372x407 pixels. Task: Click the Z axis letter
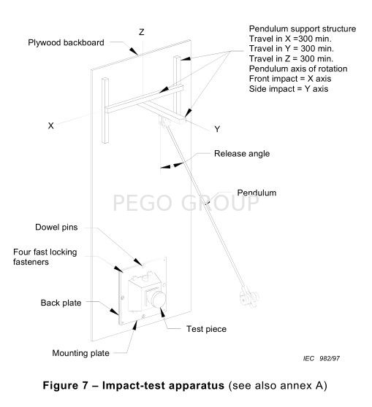142,32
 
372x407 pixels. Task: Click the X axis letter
50,125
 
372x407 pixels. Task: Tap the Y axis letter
217,129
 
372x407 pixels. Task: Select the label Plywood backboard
66,42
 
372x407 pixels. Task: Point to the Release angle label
242,153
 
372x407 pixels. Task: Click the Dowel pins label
56,227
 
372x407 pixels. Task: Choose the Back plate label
61,303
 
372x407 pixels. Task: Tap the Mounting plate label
80,353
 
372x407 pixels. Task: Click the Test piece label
206,329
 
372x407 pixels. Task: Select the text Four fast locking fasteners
45,257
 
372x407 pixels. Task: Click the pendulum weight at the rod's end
249,296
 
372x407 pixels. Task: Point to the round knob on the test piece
156,299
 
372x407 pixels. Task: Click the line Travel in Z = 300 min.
291,58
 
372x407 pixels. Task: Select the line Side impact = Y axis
289,89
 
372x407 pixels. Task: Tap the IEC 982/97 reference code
322,358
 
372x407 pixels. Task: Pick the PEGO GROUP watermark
186,203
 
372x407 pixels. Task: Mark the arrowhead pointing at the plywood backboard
134,51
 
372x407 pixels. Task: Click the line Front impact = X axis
290,79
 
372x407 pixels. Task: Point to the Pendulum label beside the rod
257,193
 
